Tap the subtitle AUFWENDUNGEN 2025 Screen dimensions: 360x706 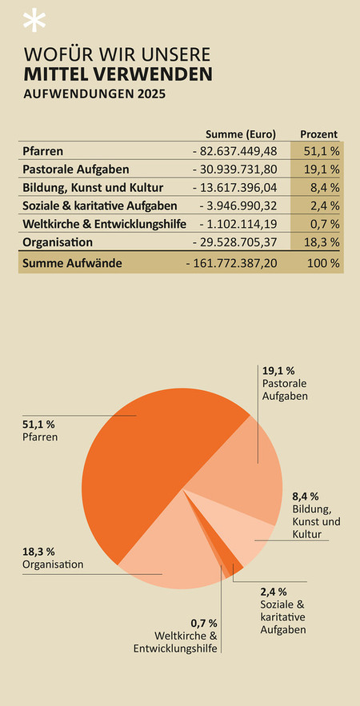(x=94, y=94)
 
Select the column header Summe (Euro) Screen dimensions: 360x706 (x=240, y=134)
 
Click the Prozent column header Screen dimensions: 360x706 (x=319, y=134)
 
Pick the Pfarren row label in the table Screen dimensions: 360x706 (x=43, y=151)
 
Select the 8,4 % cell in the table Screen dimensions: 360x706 (x=323, y=188)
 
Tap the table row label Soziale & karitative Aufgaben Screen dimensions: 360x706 (x=99, y=205)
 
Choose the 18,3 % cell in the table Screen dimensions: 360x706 (x=321, y=242)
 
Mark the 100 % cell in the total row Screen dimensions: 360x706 (x=323, y=263)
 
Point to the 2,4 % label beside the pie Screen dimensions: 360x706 (x=274, y=592)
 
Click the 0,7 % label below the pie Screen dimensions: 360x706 (x=204, y=624)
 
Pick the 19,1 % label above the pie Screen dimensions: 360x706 (x=278, y=372)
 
